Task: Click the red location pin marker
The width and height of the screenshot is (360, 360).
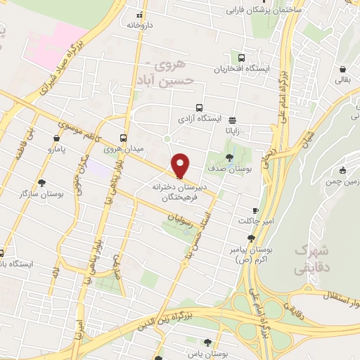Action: pyautogui.click(x=181, y=165)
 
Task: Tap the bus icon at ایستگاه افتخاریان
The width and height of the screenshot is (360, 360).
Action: pyautogui.click(x=242, y=58)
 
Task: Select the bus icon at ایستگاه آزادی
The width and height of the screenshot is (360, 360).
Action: pyautogui.click(x=200, y=108)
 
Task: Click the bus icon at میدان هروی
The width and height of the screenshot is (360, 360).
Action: pyautogui.click(x=124, y=138)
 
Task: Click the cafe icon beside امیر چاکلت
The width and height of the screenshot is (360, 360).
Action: pyautogui.click(x=255, y=210)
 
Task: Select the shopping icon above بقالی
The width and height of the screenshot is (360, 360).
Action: pyautogui.click(x=342, y=70)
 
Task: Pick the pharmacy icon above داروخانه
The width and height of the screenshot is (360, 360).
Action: pyautogui.click(x=139, y=14)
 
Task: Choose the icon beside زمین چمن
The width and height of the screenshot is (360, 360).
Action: pyautogui.click(x=342, y=169)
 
